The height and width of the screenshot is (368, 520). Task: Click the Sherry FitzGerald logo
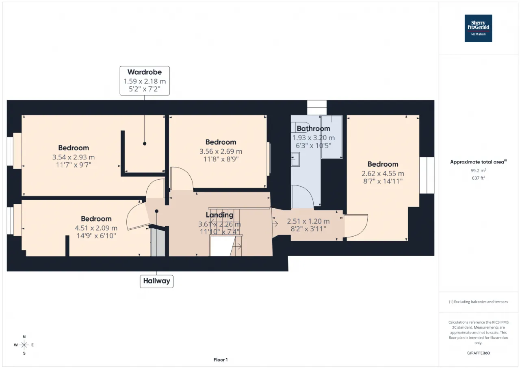pos(478,28)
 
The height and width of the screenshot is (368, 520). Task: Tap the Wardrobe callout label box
pos(145,81)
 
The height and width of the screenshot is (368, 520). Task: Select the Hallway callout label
pos(156,281)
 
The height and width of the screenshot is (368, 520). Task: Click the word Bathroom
pos(313,128)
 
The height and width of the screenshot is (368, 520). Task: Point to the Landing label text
pos(220,215)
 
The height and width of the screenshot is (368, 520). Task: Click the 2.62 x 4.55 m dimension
pos(383,174)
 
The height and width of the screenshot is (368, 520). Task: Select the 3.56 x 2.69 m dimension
pos(221,152)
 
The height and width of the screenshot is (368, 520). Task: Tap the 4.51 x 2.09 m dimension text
pos(96,228)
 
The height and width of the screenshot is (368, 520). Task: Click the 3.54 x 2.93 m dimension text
pos(74,157)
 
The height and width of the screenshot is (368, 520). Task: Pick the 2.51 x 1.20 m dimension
pos(308,221)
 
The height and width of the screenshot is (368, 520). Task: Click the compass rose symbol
pos(24,345)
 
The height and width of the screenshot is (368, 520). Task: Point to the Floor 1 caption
pos(221,360)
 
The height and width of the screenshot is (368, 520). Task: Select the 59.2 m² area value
pos(479,170)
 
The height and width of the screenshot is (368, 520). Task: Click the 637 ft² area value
pos(479,178)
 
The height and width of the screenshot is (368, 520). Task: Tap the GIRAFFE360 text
pos(479,353)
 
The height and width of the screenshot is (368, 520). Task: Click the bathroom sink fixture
pos(295,159)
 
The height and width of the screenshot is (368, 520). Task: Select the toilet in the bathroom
pos(300,127)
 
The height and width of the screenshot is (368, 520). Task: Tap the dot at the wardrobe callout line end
pos(145,144)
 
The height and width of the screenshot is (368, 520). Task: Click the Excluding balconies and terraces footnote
pos(479,302)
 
